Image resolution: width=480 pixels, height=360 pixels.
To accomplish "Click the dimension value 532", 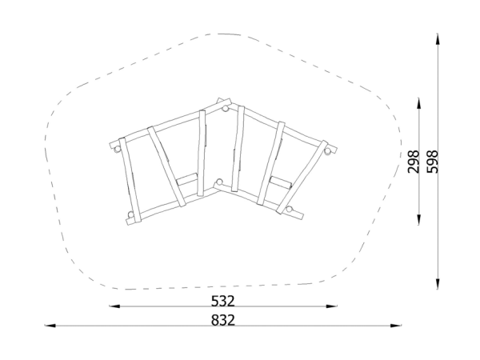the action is click(x=223, y=301).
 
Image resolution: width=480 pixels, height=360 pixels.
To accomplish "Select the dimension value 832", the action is click(x=223, y=320).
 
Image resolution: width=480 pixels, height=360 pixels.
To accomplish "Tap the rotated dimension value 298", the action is click(x=414, y=162).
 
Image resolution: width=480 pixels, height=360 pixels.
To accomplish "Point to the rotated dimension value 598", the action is click(x=433, y=162).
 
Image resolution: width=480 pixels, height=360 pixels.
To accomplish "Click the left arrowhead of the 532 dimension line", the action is click(x=114, y=306).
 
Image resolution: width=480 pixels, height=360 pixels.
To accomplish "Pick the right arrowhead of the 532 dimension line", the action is click(x=332, y=306).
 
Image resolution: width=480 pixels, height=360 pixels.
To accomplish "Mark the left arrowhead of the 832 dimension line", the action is click(x=50, y=326).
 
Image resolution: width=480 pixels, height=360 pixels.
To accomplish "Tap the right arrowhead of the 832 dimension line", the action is click(x=396, y=326).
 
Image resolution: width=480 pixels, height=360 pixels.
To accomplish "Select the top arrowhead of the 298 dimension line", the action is click(x=418, y=103).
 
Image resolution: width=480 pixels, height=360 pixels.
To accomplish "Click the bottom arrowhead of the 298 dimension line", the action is click(x=418, y=219).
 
